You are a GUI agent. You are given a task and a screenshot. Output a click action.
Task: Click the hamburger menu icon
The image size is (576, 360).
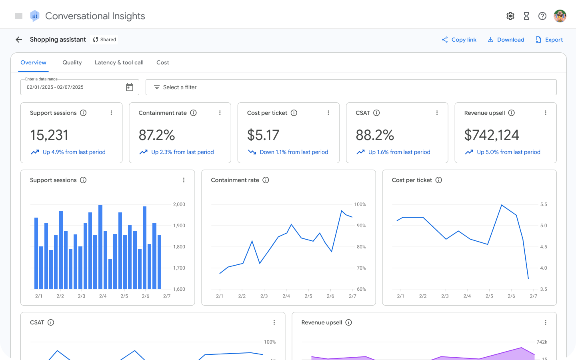(x=19, y=16)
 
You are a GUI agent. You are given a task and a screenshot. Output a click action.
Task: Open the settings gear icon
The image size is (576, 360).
(x=510, y=16)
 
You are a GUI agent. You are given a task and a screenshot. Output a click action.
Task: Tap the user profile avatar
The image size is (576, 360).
(x=560, y=16)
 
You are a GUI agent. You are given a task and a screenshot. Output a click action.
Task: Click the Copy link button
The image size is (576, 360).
(x=459, y=40)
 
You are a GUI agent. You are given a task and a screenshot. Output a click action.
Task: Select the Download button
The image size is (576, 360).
(x=506, y=40)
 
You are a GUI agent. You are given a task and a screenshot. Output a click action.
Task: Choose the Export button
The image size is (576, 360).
(x=549, y=40)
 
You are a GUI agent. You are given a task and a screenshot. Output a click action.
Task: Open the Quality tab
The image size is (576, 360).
(x=72, y=62)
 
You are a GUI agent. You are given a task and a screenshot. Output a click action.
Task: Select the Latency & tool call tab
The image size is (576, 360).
(x=119, y=62)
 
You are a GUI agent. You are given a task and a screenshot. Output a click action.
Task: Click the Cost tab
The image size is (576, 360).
(x=163, y=62)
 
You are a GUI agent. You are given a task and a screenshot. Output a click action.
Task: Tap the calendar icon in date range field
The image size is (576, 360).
(x=130, y=87)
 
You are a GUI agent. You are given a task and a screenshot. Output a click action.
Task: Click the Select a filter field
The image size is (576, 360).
(x=351, y=87)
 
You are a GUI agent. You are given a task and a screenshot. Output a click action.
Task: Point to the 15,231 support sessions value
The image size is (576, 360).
(x=49, y=135)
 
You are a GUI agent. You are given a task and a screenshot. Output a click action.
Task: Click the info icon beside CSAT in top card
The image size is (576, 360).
(x=376, y=113)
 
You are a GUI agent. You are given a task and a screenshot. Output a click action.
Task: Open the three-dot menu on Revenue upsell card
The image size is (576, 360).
(x=546, y=113)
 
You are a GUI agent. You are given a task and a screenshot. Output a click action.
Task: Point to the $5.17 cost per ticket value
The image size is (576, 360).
(x=263, y=135)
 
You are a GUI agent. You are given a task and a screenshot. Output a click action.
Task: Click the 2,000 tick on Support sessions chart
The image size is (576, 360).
(x=179, y=204)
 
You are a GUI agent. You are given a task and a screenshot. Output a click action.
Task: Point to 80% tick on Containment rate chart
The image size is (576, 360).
(x=361, y=247)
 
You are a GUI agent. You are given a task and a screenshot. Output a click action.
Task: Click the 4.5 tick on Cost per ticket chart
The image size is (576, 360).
(x=544, y=247)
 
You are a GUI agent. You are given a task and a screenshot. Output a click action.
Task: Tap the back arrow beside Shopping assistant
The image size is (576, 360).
(x=19, y=40)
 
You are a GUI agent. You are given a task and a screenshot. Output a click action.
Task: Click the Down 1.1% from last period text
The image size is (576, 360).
(x=294, y=152)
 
